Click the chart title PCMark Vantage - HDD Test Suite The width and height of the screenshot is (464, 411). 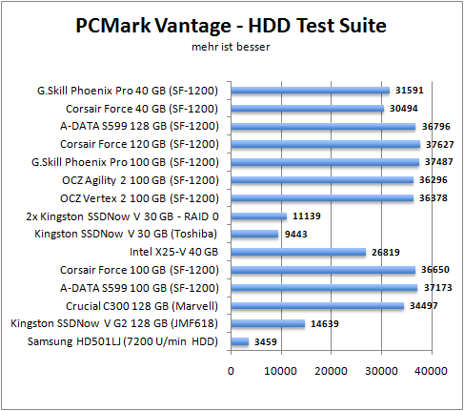pyautogui.click(x=232, y=26)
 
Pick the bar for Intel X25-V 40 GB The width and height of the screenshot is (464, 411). pyautogui.click(x=298, y=252)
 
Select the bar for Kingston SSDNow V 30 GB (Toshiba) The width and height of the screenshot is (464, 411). pyautogui.click(x=254, y=234)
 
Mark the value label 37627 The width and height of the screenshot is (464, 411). pyautogui.click(x=439, y=145)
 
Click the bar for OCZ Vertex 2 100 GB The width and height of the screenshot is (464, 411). pyautogui.click(x=323, y=198)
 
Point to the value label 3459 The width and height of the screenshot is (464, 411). pyautogui.click(x=268, y=341)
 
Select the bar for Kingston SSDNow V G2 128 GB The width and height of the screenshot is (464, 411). pyautogui.click(x=268, y=323)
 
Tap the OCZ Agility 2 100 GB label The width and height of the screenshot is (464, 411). pyautogui.click(x=152, y=180)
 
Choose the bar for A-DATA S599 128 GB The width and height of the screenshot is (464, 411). pyautogui.click(x=323, y=127)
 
